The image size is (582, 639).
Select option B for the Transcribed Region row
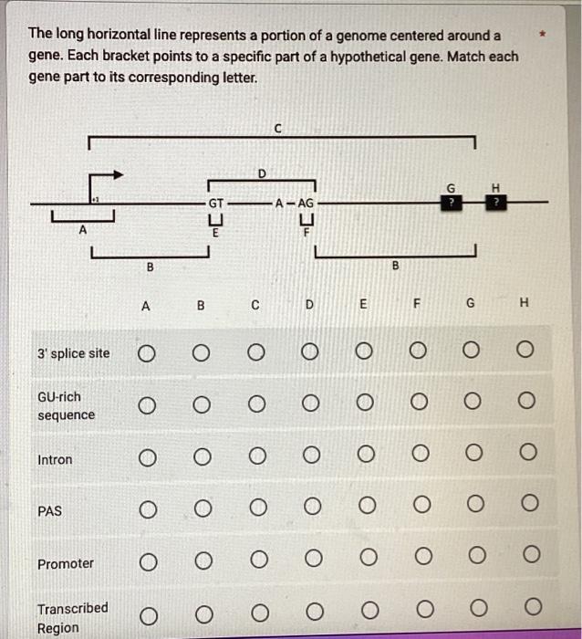(201, 608)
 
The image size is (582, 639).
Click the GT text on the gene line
(216, 203)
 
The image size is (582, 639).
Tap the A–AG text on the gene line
(295, 203)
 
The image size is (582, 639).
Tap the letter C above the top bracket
(278, 129)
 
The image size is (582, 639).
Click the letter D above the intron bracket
(262, 172)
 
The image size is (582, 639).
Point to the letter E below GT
(215, 234)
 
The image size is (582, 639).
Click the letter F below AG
(307, 234)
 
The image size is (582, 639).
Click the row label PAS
(50, 511)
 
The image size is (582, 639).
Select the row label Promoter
(65, 563)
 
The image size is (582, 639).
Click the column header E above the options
(363, 307)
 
